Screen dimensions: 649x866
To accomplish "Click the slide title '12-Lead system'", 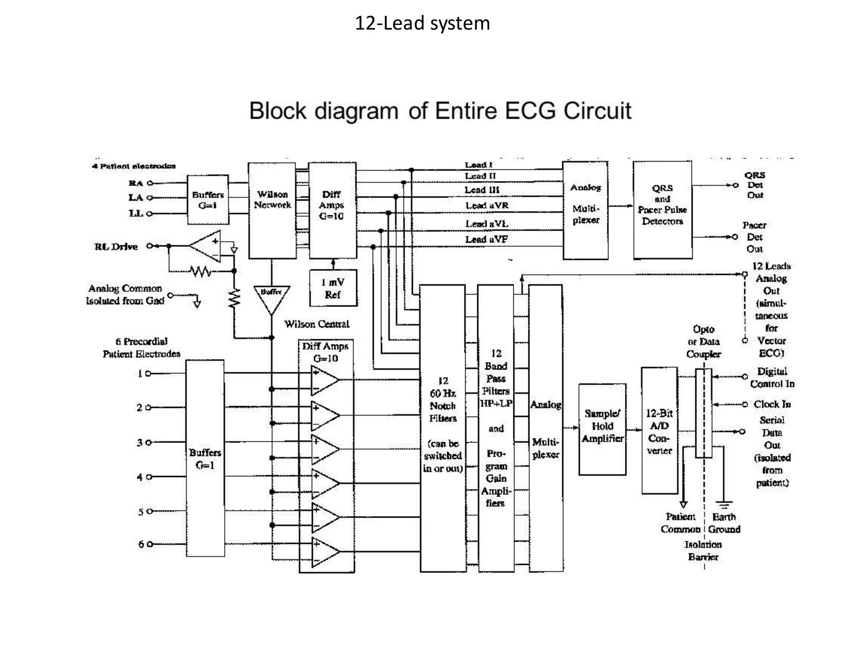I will (x=422, y=23).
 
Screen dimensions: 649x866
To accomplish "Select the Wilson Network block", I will (x=272, y=210).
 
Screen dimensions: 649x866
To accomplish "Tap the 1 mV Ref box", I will (x=333, y=288).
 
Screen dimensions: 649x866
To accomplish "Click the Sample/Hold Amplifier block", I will (x=602, y=429).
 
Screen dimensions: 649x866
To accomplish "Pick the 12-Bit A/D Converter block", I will (x=659, y=431).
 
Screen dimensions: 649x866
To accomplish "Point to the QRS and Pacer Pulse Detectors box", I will (x=662, y=210).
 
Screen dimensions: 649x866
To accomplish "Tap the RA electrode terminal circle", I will (x=150, y=183).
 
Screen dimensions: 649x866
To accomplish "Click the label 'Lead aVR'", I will (x=487, y=206).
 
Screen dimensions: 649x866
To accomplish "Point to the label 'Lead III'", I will (x=482, y=190).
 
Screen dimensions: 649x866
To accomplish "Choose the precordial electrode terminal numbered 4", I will (x=149, y=477).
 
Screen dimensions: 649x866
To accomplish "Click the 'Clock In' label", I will (x=772, y=404).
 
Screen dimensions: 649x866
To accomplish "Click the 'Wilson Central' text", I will (x=317, y=324).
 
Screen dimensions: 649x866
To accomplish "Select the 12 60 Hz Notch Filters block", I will (x=442, y=428).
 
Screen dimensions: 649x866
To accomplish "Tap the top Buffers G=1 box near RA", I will (x=208, y=200).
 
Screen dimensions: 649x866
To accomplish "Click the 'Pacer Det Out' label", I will (x=754, y=237).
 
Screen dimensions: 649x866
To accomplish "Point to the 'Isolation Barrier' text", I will (x=703, y=551).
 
